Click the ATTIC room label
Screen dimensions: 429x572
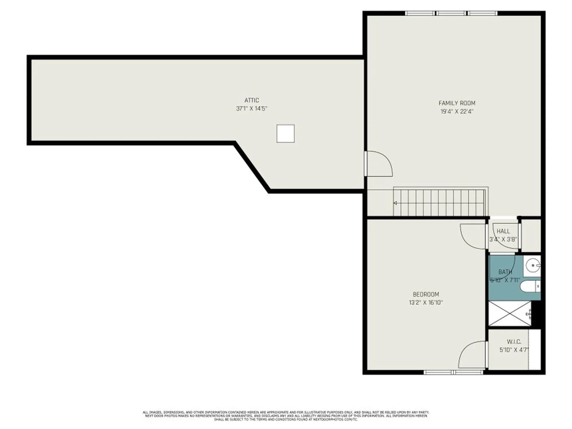click(x=252, y=100)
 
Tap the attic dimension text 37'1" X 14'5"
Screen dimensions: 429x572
click(x=252, y=109)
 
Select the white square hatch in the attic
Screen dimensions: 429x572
click(x=285, y=134)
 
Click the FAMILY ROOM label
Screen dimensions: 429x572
click(x=457, y=103)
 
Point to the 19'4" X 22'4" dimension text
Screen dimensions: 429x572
click(x=457, y=112)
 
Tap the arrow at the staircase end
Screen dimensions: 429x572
click(x=395, y=203)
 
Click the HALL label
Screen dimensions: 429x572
click(x=503, y=231)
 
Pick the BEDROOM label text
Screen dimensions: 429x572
click(x=426, y=294)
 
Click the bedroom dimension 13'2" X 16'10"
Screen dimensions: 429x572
click(x=426, y=303)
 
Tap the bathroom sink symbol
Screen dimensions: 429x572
click(x=533, y=266)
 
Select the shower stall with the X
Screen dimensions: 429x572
click(x=509, y=313)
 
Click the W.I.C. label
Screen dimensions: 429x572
click(x=514, y=342)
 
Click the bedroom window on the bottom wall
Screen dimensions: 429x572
click(x=453, y=372)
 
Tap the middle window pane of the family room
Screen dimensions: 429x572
click(x=451, y=13)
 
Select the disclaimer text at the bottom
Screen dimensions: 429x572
click(x=286, y=416)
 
